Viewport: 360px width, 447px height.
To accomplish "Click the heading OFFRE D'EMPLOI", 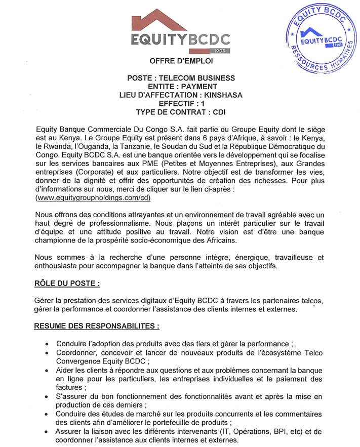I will (x=181, y=61).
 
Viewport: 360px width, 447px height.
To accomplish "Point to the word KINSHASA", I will (x=222, y=95).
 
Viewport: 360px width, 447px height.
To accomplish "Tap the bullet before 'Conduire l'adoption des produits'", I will (x=47, y=343).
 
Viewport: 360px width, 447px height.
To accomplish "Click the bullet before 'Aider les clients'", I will (x=47, y=371).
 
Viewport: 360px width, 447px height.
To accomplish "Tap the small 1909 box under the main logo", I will (x=220, y=51).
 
